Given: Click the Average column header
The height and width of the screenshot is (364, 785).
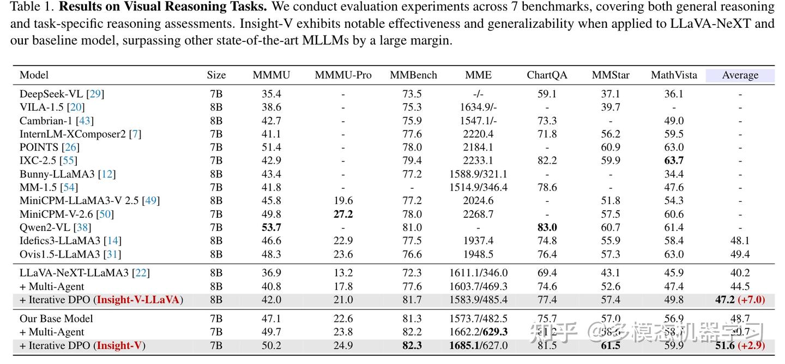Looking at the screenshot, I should [x=740, y=75].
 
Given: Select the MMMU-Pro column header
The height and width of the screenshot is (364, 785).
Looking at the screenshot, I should [x=343, y=75].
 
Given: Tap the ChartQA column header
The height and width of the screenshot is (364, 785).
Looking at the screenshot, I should [x=547, y=75].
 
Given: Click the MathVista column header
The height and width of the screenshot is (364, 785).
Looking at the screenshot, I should [x=674, y=75].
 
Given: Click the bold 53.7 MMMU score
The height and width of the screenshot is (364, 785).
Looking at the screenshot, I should [x=271, y=228].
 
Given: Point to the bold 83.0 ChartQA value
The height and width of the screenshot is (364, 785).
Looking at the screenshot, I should [x=547, y=228].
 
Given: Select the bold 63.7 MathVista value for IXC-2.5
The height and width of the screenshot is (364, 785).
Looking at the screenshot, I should [x=674, y=160].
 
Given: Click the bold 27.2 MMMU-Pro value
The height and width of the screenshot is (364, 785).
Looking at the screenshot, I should [x=343, y=214].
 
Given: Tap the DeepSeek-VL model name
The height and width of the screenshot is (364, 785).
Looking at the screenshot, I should [x=53, y=94].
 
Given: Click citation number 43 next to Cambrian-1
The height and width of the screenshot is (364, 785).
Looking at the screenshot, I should [x=85, y=121].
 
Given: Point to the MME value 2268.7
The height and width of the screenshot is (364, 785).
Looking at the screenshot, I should [x=478, y=214].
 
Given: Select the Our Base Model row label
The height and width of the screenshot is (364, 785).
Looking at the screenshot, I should [x=56, y=319].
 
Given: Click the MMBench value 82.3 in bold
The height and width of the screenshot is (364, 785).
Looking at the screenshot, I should [x=413, y=345].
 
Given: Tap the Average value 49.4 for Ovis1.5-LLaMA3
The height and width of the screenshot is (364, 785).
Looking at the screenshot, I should [x=740, y=254].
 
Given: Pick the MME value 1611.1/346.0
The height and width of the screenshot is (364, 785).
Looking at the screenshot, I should [x=478, y=273].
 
